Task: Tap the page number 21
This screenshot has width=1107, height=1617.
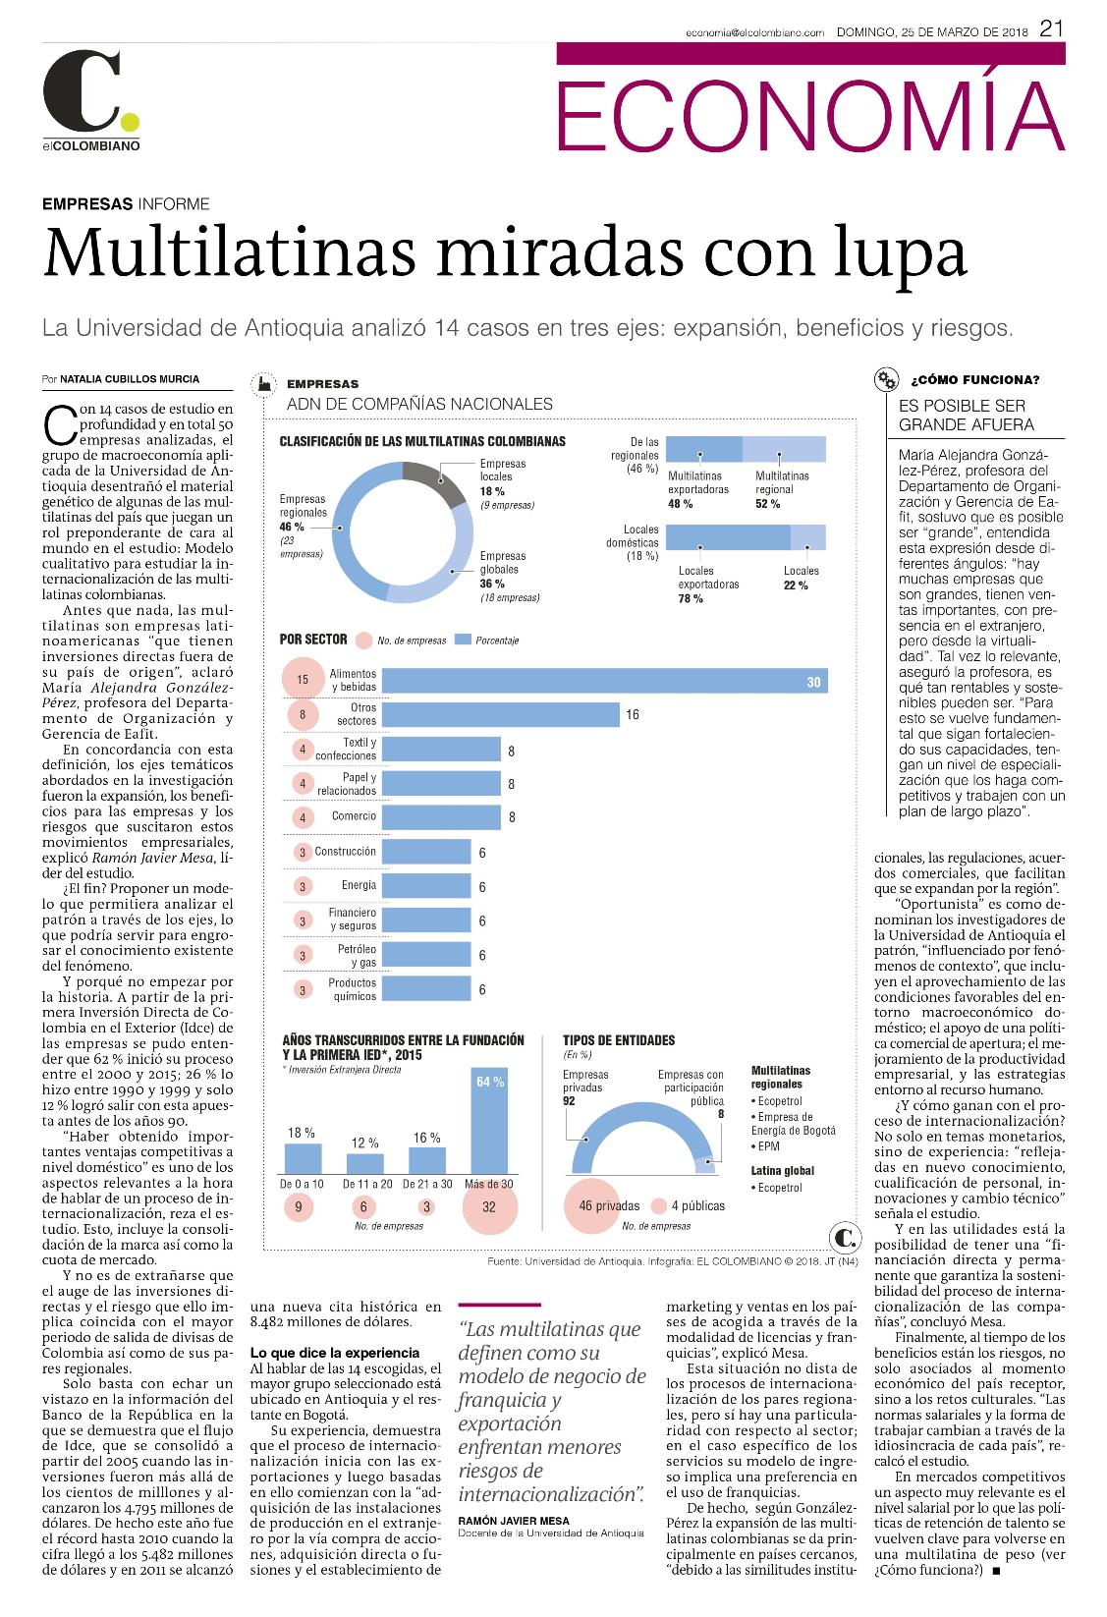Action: click(x=1051, y=28)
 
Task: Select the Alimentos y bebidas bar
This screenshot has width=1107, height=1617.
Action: click(x=605, y=681)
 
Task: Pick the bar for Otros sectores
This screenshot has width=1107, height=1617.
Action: click(x=500, y=714)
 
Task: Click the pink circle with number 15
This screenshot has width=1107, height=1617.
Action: click(x=303, y=679)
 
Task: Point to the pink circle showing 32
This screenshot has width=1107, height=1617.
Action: click(x=489, y=1206)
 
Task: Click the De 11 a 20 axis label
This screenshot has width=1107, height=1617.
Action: click(x=367, y=1184)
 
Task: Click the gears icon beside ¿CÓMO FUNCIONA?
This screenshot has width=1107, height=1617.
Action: click(x=886, y=380)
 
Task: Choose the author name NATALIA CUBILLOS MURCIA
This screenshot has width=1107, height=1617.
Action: click(x=130, y=379)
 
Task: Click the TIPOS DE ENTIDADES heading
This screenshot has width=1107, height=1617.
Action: click(x=619, y=1040)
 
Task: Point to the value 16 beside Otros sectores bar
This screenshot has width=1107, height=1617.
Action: click(x=633, y=714)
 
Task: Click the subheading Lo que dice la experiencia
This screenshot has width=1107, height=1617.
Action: click(x=335, y=1353)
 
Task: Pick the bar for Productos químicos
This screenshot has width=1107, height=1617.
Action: click(x=426, y=989)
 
